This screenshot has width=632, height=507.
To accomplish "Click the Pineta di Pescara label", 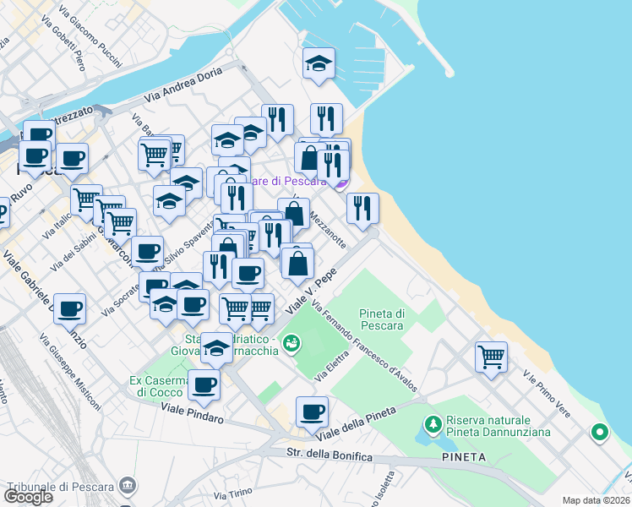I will [x=382, y=319].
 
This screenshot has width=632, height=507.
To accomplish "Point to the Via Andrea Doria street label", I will [x=182, y=85].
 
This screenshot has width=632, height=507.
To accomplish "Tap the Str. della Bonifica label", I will [x=330, y=456].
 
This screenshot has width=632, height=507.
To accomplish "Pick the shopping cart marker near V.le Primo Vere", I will [x=491, y=356].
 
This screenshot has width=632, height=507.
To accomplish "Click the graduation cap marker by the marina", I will [x=319, y=64].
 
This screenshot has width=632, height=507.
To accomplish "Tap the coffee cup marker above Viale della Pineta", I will [x=312, y=412].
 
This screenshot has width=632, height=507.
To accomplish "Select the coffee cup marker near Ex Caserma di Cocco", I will [x=203, y=385].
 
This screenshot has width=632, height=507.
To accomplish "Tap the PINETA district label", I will [x=464, y=457].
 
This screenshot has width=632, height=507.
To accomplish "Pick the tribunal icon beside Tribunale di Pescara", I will [x=128, y=486].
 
